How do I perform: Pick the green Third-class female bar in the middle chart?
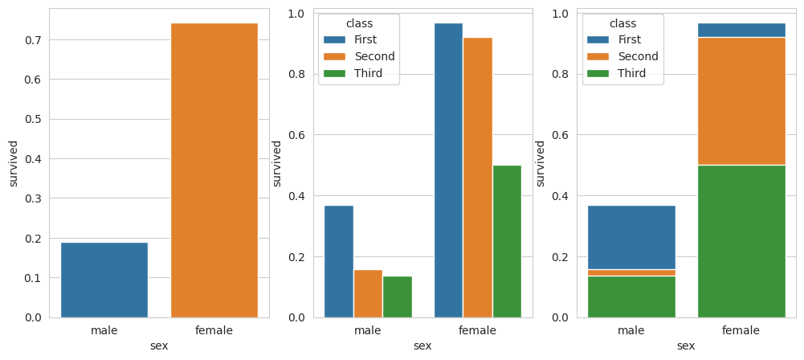(507, 241)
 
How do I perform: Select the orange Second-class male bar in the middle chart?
(368, 293)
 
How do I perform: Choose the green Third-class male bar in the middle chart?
(398, 297)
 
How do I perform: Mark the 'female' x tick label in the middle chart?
(477, 330)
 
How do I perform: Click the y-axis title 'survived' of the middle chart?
(277, 163)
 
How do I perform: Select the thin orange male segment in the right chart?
(631, 272)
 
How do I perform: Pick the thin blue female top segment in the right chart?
(741, 30)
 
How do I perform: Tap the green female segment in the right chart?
(741, 241)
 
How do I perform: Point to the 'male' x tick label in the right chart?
(631, 330)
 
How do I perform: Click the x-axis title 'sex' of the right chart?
(686, 346)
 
